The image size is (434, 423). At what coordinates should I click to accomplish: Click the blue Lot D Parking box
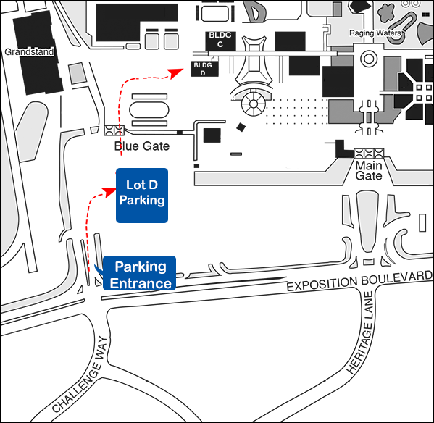point(142,196)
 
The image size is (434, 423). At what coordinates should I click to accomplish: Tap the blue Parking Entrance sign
point(139,273)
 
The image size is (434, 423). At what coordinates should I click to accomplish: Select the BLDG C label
point(220,40)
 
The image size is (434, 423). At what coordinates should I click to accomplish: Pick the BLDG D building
point(205,69)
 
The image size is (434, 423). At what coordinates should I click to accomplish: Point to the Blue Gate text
point(142,146)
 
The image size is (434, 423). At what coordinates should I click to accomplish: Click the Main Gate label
point(369,171)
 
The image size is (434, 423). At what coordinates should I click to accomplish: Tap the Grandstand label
point(29,51)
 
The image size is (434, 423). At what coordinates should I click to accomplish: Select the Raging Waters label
point(375,33)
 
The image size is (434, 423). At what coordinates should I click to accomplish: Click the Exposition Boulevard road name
point(359,280)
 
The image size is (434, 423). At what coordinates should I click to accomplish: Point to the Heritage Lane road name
point(360,332)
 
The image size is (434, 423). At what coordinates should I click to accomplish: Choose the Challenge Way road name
point(80,374)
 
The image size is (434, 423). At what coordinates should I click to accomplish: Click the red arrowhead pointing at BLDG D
point(175,73)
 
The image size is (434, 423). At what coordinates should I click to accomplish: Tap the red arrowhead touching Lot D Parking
point(109,192)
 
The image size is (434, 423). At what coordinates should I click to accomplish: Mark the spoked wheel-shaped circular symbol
point(254,104)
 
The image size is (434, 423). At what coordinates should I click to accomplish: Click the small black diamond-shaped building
point(241,127)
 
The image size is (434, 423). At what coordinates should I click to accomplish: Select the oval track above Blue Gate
point(149,110)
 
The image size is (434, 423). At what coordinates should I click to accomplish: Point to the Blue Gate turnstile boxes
point(114,130)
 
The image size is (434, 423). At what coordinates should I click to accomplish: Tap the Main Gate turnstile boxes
point(369,153)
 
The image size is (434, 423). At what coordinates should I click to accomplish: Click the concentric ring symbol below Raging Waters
point(369,59)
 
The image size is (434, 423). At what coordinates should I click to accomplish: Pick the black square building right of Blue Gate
point(212,135)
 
